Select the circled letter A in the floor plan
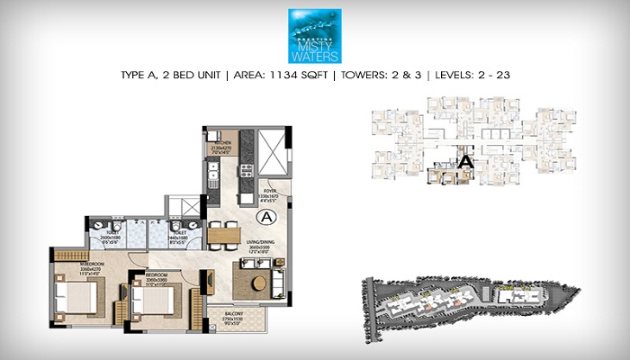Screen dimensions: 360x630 (x=265, y=218)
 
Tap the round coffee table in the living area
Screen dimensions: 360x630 (x=258, y=283)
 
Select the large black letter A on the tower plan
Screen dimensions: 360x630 (x=465, y=162)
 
